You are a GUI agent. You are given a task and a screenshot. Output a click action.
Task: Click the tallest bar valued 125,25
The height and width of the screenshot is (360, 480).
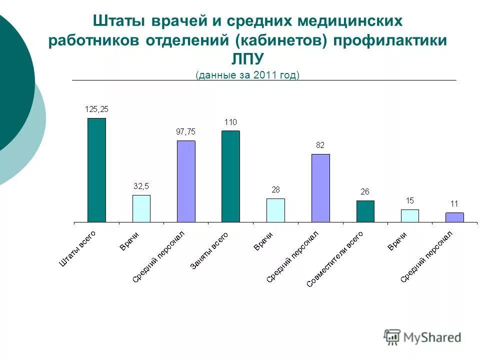(x=96, y=170)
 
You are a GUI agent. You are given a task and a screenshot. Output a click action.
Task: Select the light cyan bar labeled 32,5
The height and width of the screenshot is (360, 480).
(x=141, y=208)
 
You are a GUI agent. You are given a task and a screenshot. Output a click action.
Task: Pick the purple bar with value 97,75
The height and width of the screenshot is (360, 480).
(x=186, y=181)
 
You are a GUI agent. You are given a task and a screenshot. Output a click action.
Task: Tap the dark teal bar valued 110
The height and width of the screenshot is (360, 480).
(x=230, y=176)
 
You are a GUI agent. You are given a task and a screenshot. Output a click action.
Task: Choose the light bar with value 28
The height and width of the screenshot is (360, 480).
(x=275, y=210)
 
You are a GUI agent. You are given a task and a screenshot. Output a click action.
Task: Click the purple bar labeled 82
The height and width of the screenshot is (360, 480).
(x=320, y=188)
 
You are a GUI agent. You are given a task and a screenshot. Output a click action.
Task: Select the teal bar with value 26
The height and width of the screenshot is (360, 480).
(x=365, y=211)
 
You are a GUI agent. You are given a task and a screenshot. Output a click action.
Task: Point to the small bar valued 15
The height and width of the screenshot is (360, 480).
(x=410, y=215)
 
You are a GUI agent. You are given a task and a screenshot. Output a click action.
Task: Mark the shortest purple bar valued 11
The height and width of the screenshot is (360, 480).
(x=454, y=217)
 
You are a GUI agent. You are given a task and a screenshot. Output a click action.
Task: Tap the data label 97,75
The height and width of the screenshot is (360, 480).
(x=185, y=132)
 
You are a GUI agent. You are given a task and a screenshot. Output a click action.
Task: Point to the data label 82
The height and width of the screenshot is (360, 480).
(x=320, y=145)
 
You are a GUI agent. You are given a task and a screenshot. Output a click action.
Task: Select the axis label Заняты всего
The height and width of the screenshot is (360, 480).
(x=210, y=251)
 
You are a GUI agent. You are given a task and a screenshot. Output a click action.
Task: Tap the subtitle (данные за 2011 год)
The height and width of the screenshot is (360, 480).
(x=247, y=75)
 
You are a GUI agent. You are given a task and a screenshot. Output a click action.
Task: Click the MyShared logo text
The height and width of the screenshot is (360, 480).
(x=432, y=337)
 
